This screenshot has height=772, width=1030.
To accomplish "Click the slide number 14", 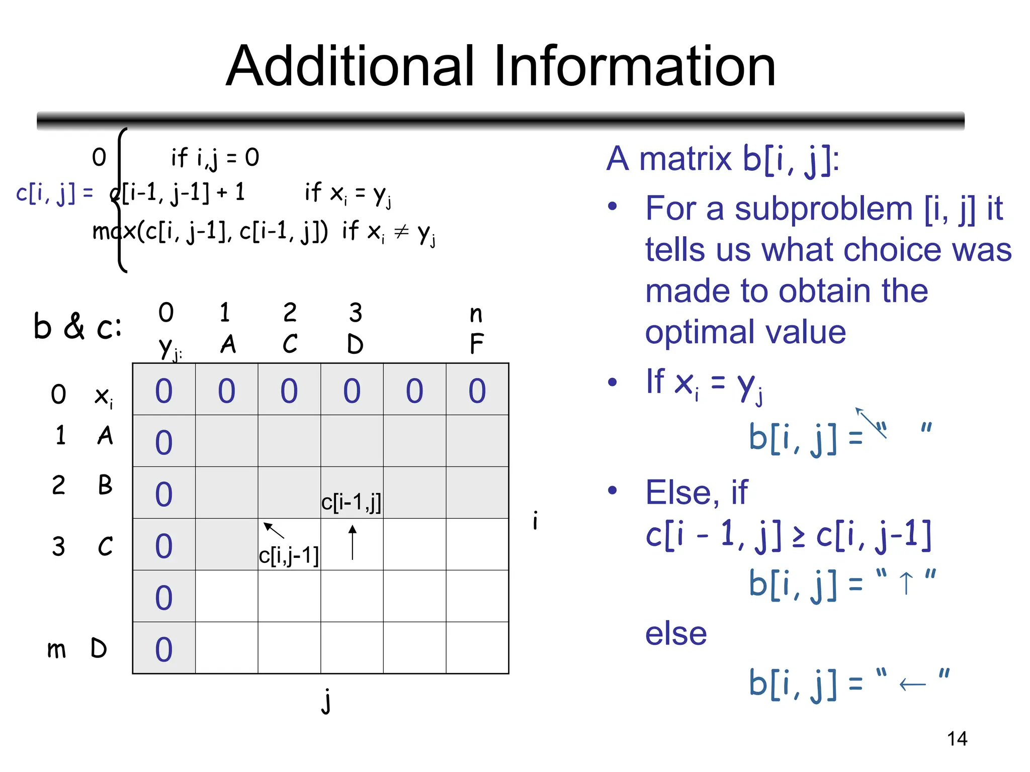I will (x=957, y=739).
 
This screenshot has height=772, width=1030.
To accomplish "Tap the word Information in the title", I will (x=635, y=66).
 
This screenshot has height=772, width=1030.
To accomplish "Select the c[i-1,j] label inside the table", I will (x=351, y=502).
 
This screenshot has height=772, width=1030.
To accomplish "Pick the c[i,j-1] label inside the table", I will (x=289, y=556).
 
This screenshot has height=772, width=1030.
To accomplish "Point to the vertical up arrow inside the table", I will (x=353, y=542).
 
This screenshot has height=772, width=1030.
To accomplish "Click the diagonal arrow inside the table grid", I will (x=274, y=530).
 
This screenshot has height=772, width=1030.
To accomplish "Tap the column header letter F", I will (x=477, y=344).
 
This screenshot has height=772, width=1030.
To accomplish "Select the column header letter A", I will (x=228, y=344).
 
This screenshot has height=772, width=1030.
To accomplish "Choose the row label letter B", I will (x=105, y=485).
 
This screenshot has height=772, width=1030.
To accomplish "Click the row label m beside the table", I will (x=56, y=649).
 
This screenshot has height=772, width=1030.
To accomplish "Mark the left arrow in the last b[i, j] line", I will (x=912, y=685).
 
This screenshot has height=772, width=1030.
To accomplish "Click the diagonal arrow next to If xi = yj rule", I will (x=871, y=422).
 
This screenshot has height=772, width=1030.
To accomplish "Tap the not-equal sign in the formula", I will (x=401, y=232).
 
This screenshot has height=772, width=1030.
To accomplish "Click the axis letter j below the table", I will (x=326, y=701).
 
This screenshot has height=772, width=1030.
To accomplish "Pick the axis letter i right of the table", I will (x=535, y=520).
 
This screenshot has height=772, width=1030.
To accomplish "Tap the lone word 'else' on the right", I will (x=676, y=633).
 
